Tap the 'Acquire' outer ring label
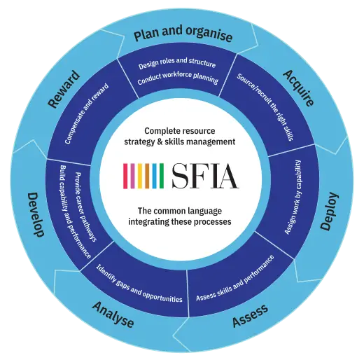(x=299, y=88)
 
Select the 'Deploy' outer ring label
(x=329, y=212)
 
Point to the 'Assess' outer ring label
(x=250, y=316)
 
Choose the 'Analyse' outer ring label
(x=113, y=314)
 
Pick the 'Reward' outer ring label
(x=64, y=89)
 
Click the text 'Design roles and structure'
(x=177, y=63)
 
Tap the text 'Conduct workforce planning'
(x=178, y=78)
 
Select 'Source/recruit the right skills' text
(x=265, y=107)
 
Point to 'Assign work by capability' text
(x=293, y=197)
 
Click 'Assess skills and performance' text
(x=235, y=278)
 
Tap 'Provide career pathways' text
(x=85, y=207)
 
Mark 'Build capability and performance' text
(x=75, y=212)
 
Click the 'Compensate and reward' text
(x=87, y=113)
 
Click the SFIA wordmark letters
(x=205, y=176)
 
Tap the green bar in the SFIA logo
(x=162, y=176)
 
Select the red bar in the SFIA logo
(x=125, y=176)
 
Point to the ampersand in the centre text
(x=160, y=142)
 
